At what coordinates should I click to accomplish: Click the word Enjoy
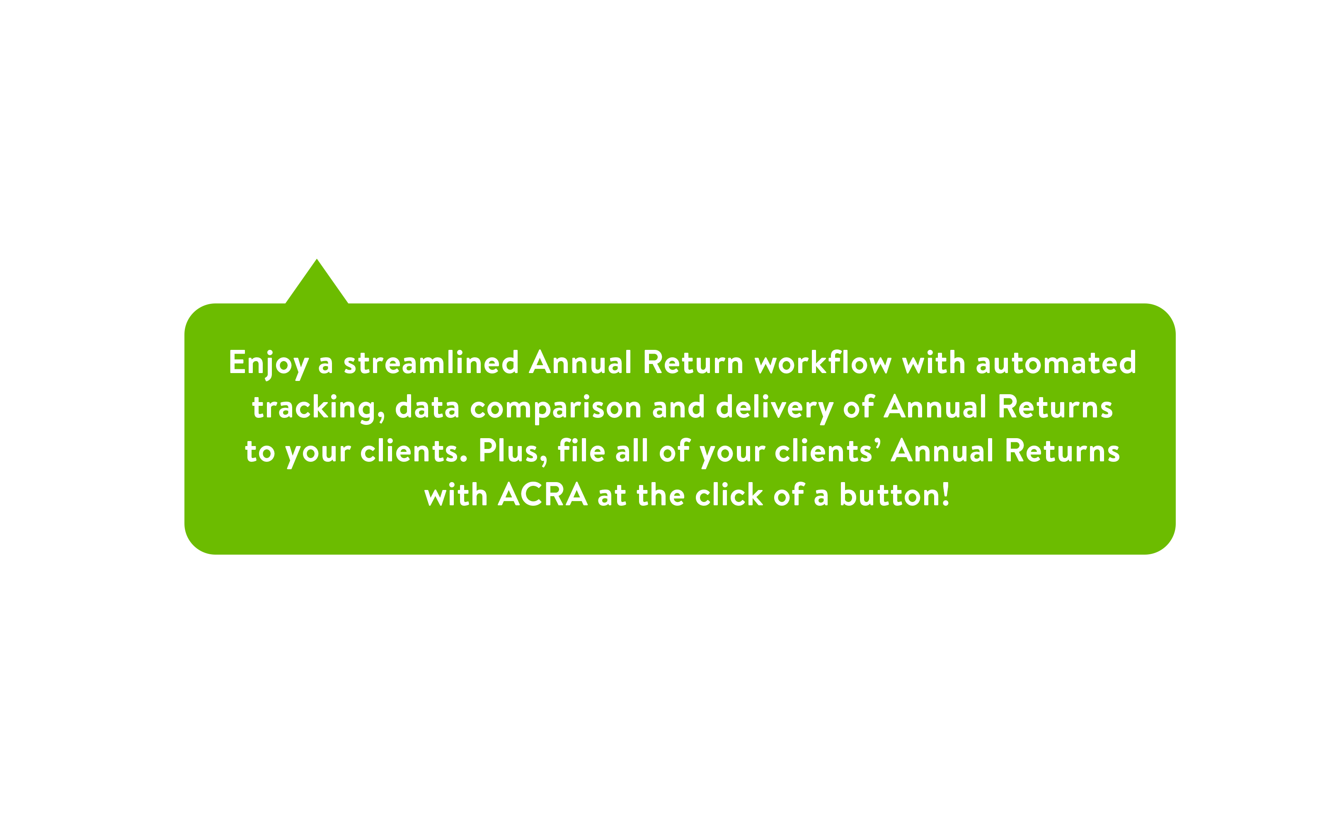point(268,364)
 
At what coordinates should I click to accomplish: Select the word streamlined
point(431,362)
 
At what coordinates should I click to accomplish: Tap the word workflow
point(823,362)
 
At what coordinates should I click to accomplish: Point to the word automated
point(1056,362)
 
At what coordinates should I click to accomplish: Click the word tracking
point(318,408)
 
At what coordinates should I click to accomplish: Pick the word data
point(427,407)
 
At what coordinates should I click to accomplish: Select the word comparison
point(556,408)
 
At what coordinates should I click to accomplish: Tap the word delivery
point(775,408)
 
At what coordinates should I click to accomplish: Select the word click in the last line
point(729,494)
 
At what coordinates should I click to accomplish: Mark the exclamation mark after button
point(945,494)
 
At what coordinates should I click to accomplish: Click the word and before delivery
point(679,407)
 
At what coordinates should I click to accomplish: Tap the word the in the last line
point(661,494)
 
